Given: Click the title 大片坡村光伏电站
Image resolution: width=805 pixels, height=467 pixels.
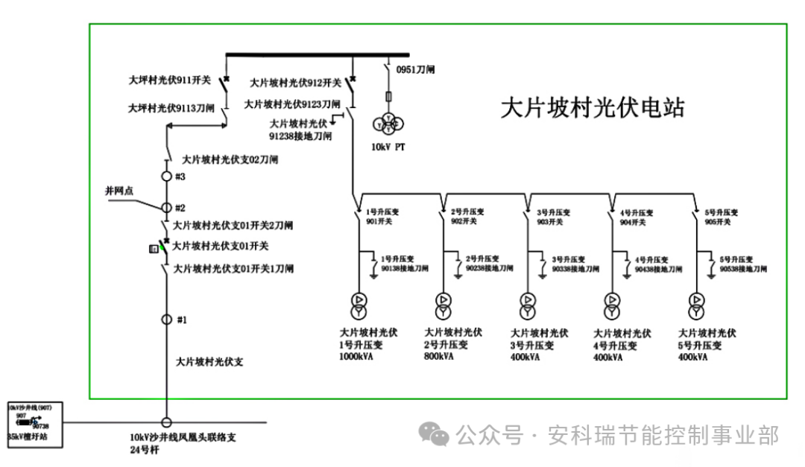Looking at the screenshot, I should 592,107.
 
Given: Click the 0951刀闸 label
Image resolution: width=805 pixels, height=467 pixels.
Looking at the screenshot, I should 415,69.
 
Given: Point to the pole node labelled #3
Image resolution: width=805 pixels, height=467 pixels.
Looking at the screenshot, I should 167,177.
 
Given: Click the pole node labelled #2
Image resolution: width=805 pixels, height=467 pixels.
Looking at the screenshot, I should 167,207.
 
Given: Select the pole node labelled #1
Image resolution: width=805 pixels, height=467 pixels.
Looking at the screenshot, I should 167,320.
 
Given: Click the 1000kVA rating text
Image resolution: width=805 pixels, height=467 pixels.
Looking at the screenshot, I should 356,357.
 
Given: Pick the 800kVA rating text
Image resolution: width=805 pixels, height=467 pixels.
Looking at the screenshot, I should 439,357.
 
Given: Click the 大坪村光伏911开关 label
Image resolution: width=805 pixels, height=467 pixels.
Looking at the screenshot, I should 170,78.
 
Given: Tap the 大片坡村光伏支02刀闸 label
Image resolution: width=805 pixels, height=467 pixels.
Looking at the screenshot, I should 230,159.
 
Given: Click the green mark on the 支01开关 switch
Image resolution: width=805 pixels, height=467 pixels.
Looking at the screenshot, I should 162,247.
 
